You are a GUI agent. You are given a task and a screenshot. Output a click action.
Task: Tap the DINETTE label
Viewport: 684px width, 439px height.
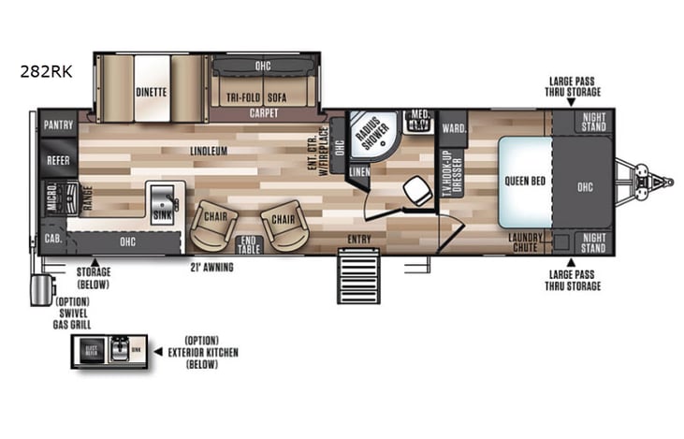click(x=151, y=92)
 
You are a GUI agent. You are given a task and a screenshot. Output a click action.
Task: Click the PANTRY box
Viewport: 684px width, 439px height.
click(x=58, y=124)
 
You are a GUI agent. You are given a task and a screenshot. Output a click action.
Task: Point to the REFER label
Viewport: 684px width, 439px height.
click(x=58, y=160)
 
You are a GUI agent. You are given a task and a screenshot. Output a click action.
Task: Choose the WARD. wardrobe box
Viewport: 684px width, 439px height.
click(x=453, y=127)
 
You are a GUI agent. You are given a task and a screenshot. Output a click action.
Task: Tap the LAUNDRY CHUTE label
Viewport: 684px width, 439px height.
click(x=526, y=241)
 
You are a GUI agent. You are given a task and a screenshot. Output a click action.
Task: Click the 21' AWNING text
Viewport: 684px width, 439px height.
click(x=211, y=267)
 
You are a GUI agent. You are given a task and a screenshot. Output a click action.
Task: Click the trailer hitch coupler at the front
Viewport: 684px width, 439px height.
click(x=658, y=178)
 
